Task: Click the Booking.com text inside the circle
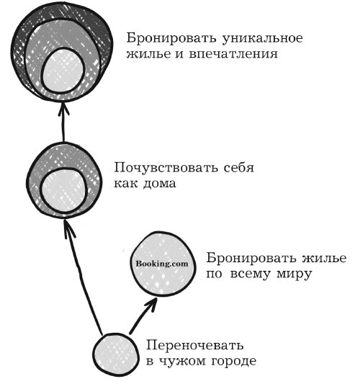point(162,264)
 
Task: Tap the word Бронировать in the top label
point(171,38)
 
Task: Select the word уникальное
point(262,39)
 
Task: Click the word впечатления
point(233,54)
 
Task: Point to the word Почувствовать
point(166,168)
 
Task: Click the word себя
point(239,168)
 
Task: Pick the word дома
point(159,184)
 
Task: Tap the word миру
point(294,274)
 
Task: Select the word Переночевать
point(195,345)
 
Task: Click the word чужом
point(182,362)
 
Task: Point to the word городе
point(233,362)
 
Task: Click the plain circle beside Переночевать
point(115,354)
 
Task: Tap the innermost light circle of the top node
point(63,71)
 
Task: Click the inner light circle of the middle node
point(63,190)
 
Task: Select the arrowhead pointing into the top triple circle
point(63,109)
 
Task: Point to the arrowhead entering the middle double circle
point(68,228)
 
